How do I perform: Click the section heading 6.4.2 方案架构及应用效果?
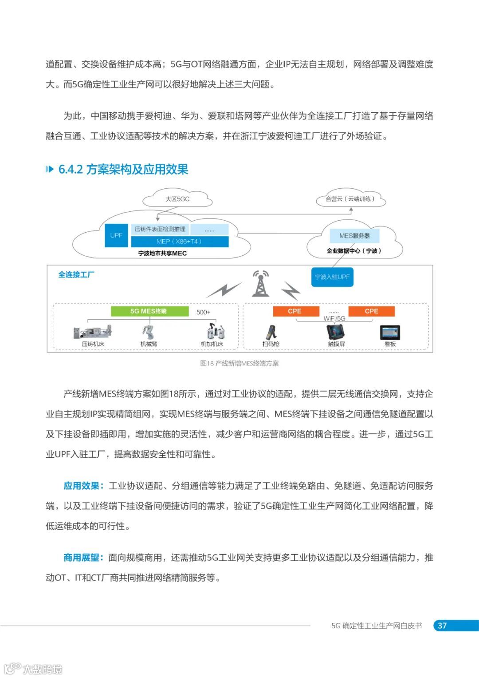[x=123, y=169]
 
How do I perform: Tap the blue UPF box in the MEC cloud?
[x=116, y=235]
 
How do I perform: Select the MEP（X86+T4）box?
[x=180, y=242]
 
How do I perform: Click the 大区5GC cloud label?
[x=177, y=199]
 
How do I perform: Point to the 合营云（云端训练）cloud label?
[x=350, y=199]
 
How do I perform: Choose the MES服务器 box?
[x=354, y=236]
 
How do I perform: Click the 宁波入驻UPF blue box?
[x=332, y=277]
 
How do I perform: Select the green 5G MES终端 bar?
[x=149, y=311]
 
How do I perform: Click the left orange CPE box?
[x=295, y=311]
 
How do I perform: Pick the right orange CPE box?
[x=371, y=311]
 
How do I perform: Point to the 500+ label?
[x=203, y=312]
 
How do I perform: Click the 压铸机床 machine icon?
[x=93, y=332]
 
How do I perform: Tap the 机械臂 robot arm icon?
[x=149, y=332]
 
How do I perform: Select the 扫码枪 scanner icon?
[x=271, y=333]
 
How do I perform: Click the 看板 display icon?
[x=390, y=333]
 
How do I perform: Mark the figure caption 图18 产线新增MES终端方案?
[x=239, y=363]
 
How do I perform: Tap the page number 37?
[x=442, y=626]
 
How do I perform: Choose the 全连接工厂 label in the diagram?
[x=76, y=275]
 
